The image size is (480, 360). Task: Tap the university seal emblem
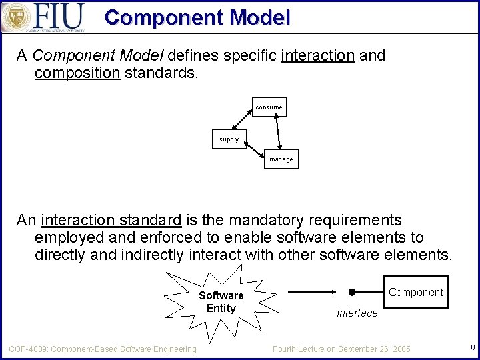tap(16, 17)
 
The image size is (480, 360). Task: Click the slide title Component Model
tap(197, 17)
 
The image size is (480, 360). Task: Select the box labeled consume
tap(269, 107)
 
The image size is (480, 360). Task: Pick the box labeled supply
tap(229, 139)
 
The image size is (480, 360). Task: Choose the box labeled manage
tap(281, 159)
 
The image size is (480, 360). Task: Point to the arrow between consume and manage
tap(277, 133)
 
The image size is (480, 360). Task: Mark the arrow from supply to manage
tap(255, 149)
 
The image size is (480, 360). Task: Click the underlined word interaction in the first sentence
tap(317, 55)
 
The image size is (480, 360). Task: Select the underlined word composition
tap(77, 73)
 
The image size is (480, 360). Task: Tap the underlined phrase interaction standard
tap(111, 220)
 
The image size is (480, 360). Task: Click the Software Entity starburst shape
tap(221, 302)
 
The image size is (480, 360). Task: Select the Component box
tap(415, 292)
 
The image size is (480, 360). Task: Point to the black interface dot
tap(352, 292)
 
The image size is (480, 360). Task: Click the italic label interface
tap(357, 313)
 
